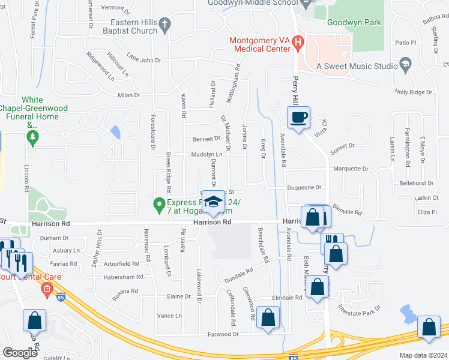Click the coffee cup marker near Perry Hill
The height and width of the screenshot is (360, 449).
298,117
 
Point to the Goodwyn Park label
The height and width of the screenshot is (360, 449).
354,22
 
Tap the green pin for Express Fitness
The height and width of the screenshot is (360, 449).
159,205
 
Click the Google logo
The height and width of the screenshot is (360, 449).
20,353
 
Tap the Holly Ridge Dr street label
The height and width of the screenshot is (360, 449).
413,92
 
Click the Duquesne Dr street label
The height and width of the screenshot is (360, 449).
306,187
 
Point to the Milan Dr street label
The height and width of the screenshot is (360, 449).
128,95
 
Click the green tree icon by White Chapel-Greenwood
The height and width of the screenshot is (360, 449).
32,138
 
